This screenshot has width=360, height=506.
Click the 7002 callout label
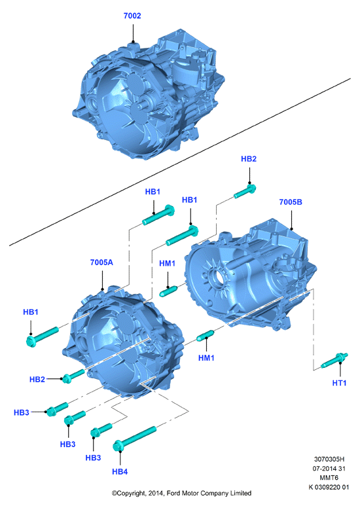[x=132, y=16]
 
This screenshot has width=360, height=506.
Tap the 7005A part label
[x=101, y=262]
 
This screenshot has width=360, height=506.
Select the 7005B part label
[x=291, y=202]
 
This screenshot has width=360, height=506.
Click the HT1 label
[x=339, y=383]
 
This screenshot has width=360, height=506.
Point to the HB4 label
[x=120, y=472]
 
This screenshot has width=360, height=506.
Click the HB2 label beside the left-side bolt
[x=37, y=380]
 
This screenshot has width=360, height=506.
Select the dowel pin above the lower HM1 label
[x=206, y=335]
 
